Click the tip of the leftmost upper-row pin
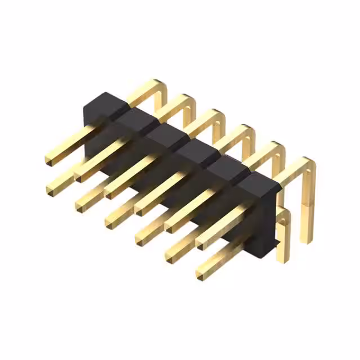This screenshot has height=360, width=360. click(x=49, y=160)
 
